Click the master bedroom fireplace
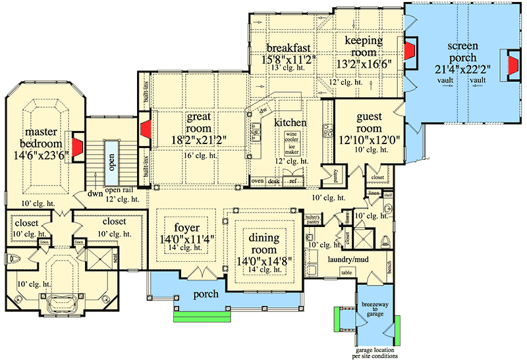(78, 148)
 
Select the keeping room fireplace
(410, 52)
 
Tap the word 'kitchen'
(291, 123)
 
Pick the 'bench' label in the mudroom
(390, 269)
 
